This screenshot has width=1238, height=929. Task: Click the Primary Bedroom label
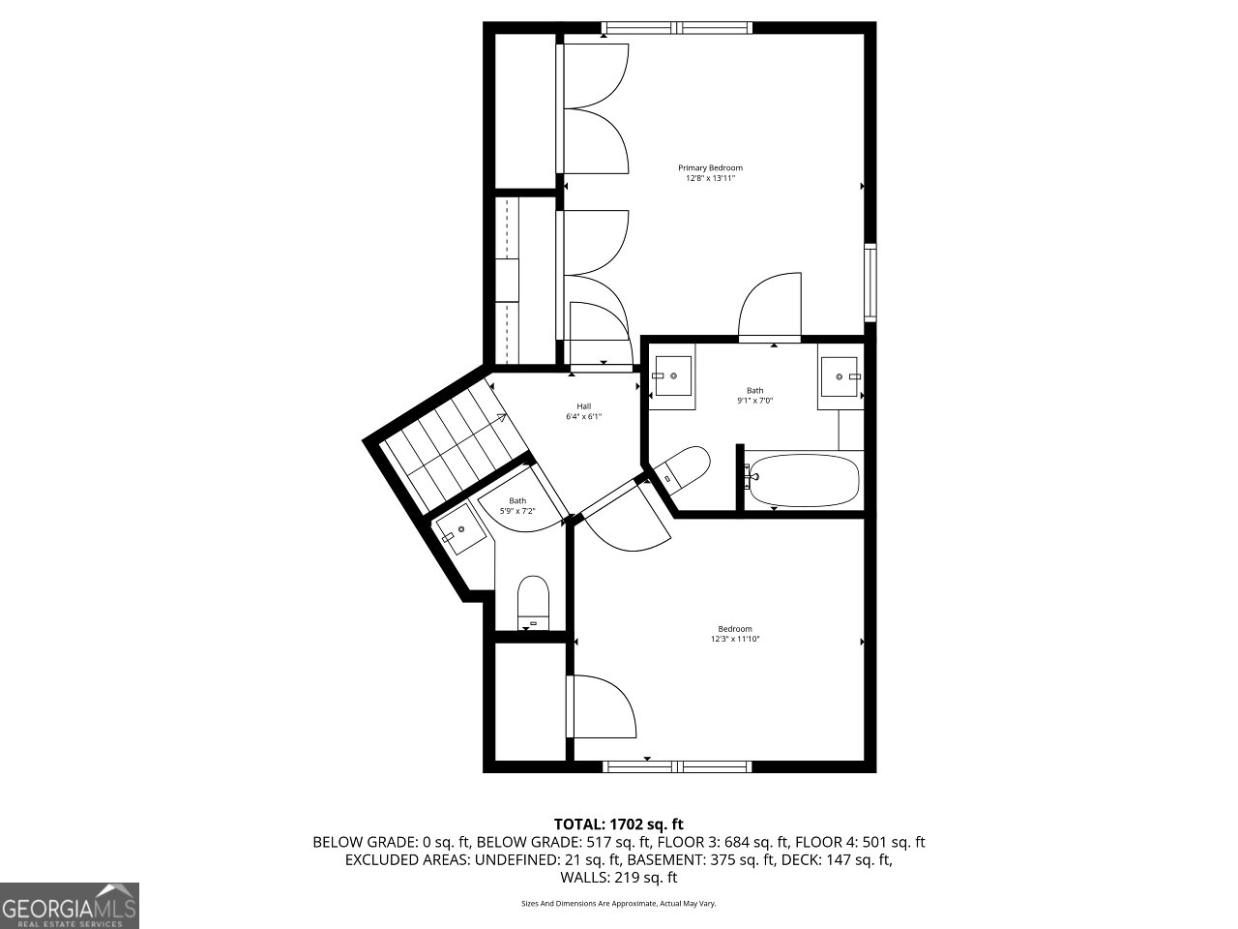pyautogui.click(x=710, y=167)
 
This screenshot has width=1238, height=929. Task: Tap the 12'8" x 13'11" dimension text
pyautogui.click(x=710, y=178)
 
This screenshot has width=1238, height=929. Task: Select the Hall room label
pyautogui.click(x=583, y=406)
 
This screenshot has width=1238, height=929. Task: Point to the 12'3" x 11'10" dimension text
pyautogui.click(x=735, y=639)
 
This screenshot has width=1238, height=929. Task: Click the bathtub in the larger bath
pyautogui.click(x=805, y=481)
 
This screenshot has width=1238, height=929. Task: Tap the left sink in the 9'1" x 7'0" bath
pyautogui.click(x=672, y=375)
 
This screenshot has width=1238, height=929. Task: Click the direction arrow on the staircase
pyautogui.click(x=500, y=418)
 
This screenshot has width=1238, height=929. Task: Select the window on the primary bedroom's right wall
pyautogui.click(x=870, y=283)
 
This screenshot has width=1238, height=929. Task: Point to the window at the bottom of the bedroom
pyautogui.click(x=677, y=766)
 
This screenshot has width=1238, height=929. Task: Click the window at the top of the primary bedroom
pyautogui.click(x=677, y=28)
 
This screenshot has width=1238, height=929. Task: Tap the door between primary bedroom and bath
pyautogui.click(x=771, y=308)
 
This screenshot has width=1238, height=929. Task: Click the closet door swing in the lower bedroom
pyautogui.click(x=602, y=706)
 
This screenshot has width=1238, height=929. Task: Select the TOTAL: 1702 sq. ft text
pyautogui.click(x=618, y=824)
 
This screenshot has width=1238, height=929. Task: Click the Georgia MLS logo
pyautogui.click(x=70, y=906)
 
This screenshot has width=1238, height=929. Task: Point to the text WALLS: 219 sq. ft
pyautogui.click(x=618, y=878)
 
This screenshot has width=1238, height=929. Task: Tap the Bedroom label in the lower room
pyautogui.click(x=735, y=628)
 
